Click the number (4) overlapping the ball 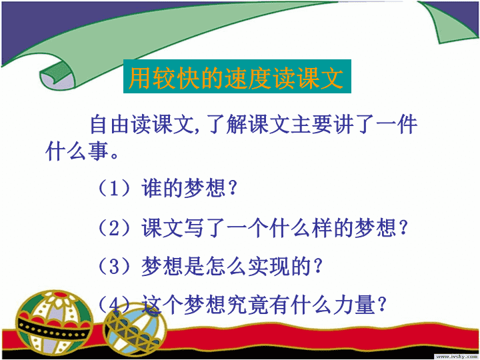[115, 304]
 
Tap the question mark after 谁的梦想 [232, 187]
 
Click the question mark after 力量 [381, 304]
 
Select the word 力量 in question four [354, 305]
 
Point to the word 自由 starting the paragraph [110, 125]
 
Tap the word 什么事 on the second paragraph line [77, 151]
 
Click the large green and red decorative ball [55, 321]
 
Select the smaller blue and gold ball [135, 330]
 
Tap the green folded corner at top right [449, 21]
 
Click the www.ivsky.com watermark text [457, 357]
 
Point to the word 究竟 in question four [247, 305]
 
